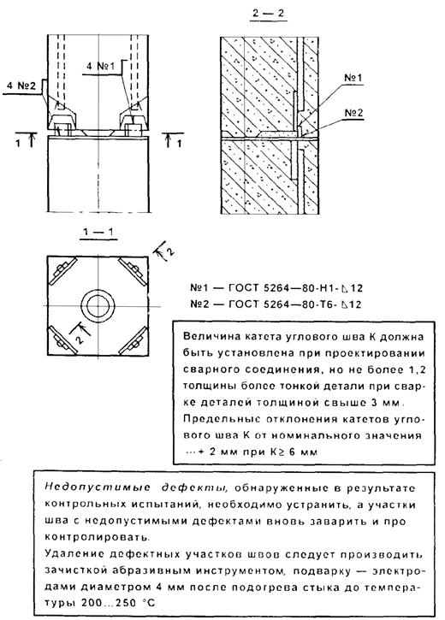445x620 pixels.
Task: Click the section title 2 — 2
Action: tap(268, 13)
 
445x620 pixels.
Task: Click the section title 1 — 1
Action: tap(98, 231)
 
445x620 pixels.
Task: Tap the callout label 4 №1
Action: tap(100, 66)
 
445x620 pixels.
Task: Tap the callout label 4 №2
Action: tap(22, 86)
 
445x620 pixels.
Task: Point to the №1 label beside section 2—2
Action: tap(353, 77)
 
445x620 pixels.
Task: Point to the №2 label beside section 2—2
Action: tap(353, 113)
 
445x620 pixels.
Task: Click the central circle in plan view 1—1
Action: tap(98, 307)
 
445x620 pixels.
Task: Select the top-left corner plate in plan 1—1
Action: tap(62, 270)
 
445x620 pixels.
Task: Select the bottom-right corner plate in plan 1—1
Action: tap(133, 340)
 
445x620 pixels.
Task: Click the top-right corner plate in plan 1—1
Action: tap(133, 271)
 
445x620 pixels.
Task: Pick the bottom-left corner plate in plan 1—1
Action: tap(62, 340)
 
